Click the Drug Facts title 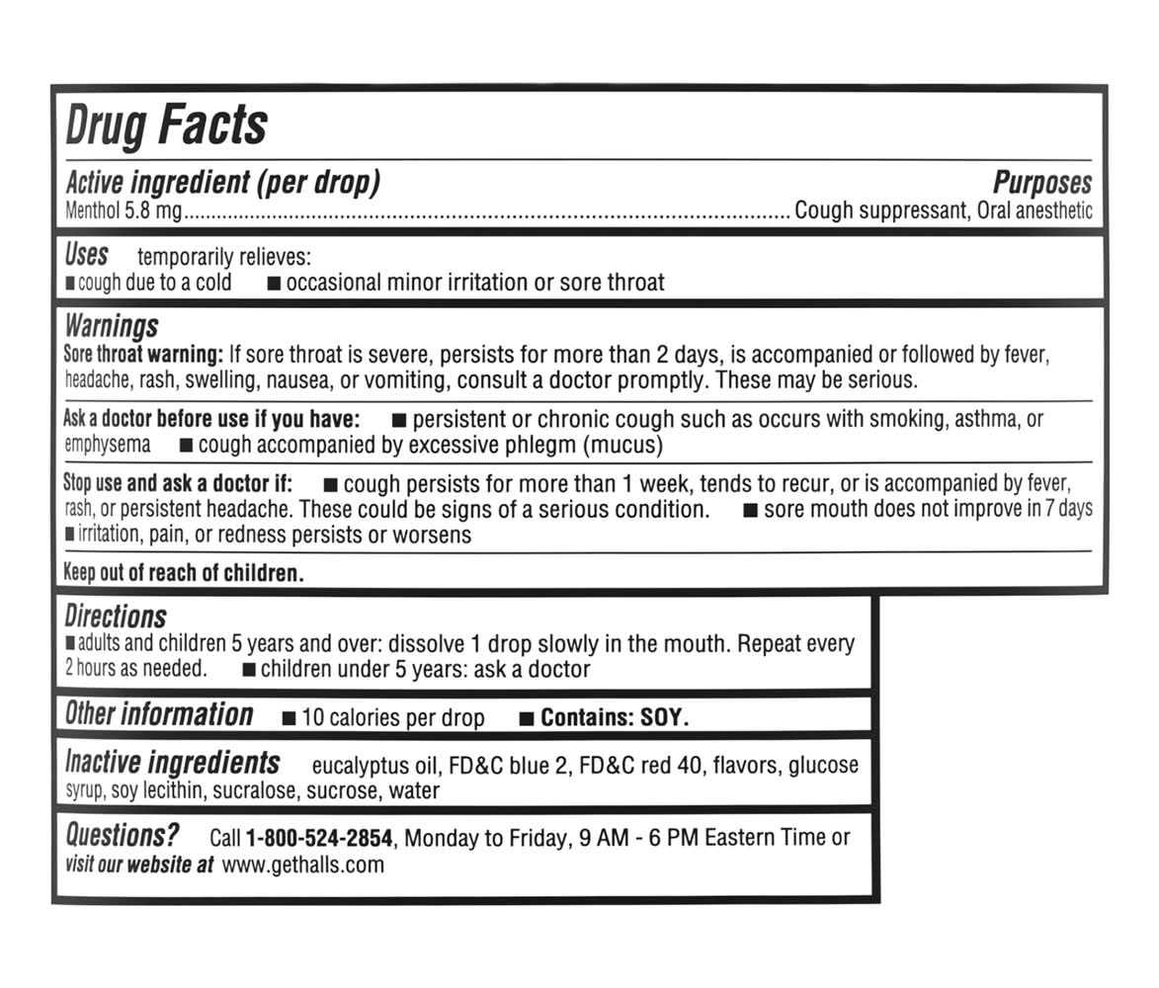tap(166, 125)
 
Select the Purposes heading tap(1042, 183)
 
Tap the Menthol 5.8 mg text tap(124, 210)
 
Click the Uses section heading tap(86, 255)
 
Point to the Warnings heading tap(111, 326)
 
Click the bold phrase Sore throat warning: tap(143, 354)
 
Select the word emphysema tap(108, 445)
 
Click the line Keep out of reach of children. tap(183, 572)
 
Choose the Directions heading tap(116, 617)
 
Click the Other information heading tap(159, 714)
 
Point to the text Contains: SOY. tap(614, 718)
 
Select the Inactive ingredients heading tap(172, 763)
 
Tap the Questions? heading tap(123, 835)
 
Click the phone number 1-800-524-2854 tap(319, 839)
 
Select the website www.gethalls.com tap(302, 865)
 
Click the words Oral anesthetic tap(1035, 210)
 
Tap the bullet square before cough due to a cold tap(70, 284)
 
